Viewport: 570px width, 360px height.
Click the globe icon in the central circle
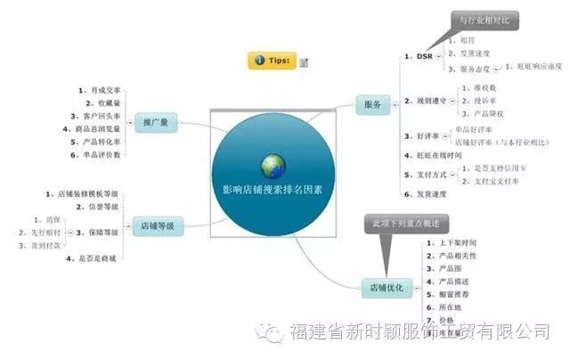click(x=273, y=165)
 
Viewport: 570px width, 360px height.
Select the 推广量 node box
click(x=161, y=121)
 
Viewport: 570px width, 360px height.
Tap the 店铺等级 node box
click(x=158, y=226)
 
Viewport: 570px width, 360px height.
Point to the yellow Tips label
click(x=272, y=60)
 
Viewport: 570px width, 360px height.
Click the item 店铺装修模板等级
click(x=85, y=193)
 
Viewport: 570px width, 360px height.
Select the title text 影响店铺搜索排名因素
click(x=273, y=189)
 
